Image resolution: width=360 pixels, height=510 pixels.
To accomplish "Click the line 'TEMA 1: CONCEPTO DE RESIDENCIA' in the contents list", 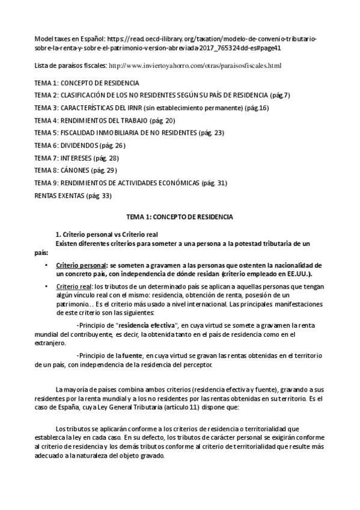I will click(87, 82).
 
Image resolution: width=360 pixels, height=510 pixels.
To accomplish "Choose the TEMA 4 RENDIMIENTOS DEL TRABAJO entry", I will click(97, 120).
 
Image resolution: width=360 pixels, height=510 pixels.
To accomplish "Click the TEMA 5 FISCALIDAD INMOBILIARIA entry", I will click(129, 132).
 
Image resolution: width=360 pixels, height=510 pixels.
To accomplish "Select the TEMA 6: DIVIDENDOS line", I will click(79, 145).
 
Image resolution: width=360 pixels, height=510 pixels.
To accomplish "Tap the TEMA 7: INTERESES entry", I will click(76, 158).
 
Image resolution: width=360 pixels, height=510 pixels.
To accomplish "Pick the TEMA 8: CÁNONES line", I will click(75, 170).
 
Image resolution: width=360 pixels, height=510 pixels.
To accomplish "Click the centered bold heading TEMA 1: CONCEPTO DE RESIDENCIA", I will click(180, 215).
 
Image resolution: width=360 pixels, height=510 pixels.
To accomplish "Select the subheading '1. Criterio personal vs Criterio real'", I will click(106, 235).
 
